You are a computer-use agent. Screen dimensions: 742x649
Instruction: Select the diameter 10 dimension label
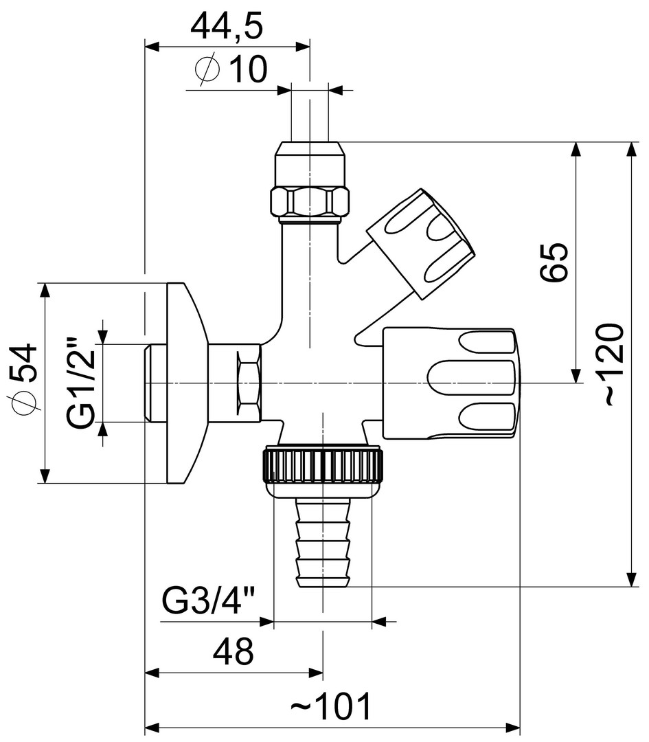pos(231,69)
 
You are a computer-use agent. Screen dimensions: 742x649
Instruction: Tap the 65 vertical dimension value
pos(554,261)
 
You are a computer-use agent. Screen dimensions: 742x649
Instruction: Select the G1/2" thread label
pos(83,382)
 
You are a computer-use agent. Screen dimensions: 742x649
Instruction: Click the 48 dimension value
pos(234,651)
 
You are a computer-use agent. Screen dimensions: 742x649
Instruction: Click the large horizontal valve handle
pos(450,383)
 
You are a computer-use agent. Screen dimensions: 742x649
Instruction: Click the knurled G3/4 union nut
pos(321,466)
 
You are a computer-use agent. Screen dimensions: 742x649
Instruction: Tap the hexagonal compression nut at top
pos(310,201)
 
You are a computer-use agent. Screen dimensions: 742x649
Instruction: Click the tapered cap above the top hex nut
pos(310,164)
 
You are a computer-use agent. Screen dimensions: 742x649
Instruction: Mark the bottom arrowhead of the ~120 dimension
pos(632,581)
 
